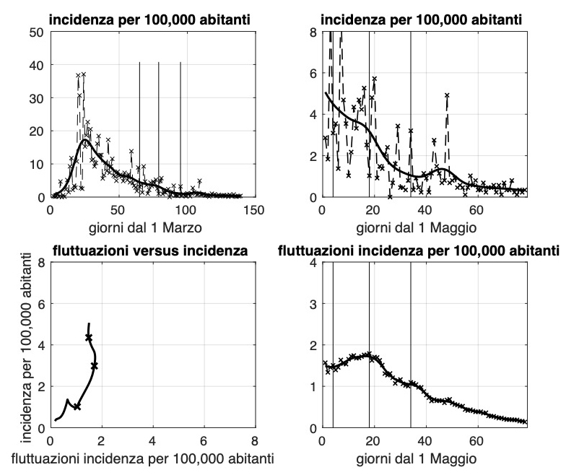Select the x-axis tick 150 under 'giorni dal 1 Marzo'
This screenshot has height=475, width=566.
point(253,209)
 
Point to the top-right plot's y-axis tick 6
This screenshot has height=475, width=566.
point(313,74)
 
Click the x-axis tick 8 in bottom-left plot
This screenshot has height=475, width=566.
point(254,440)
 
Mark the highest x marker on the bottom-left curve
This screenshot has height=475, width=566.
point(89,337)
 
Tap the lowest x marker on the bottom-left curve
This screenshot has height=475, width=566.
point(77,406)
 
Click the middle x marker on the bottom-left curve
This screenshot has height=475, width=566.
point(95,366)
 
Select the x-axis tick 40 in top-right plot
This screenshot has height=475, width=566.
point(425,209)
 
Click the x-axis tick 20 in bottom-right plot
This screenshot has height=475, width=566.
point(373,440)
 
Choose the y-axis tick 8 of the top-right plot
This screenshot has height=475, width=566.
point(313,32)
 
